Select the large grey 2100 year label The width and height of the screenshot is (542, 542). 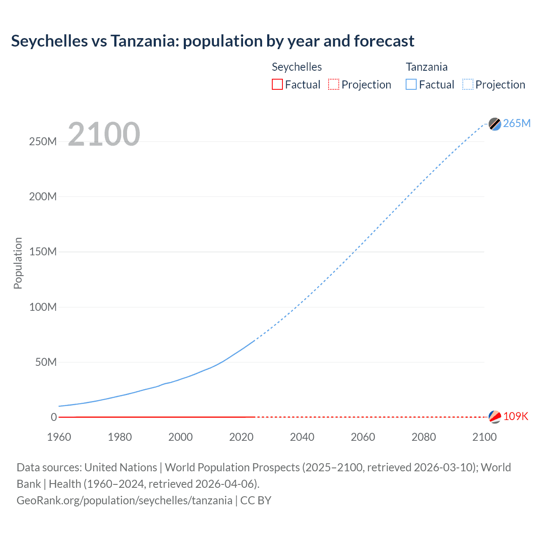(x=104, y=134)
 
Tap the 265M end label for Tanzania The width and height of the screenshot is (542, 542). (x=517, y=123)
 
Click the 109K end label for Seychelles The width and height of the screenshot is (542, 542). (x=515, y=416)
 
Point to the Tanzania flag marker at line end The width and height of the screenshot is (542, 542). (x=495, y=124)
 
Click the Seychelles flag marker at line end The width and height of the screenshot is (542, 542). (x=495, y=417)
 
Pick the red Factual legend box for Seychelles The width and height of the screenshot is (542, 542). (x=277, y=85)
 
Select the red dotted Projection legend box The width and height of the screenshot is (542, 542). (x=334, y=85)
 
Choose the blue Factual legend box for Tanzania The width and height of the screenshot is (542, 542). (x=411, y=85)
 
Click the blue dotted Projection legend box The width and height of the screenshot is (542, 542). (x=468, y=85)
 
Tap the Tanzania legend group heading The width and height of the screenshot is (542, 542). (x=426, y=67)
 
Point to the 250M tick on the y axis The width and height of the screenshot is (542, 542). (x=43, y=141)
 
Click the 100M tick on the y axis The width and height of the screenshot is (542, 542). (x=43, y=307)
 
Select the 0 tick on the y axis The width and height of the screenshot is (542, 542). (x=53, y=417)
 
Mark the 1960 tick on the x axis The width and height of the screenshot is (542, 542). (x=59, y=437)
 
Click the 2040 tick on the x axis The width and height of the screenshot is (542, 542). (x=302, y=437)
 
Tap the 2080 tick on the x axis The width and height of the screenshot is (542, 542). (x=423, y=437)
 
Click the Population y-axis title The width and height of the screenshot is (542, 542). (x=18, y=263)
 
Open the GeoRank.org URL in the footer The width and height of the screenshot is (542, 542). (x=124, y=501)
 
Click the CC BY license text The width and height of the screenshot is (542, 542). (x=256, y=501)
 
